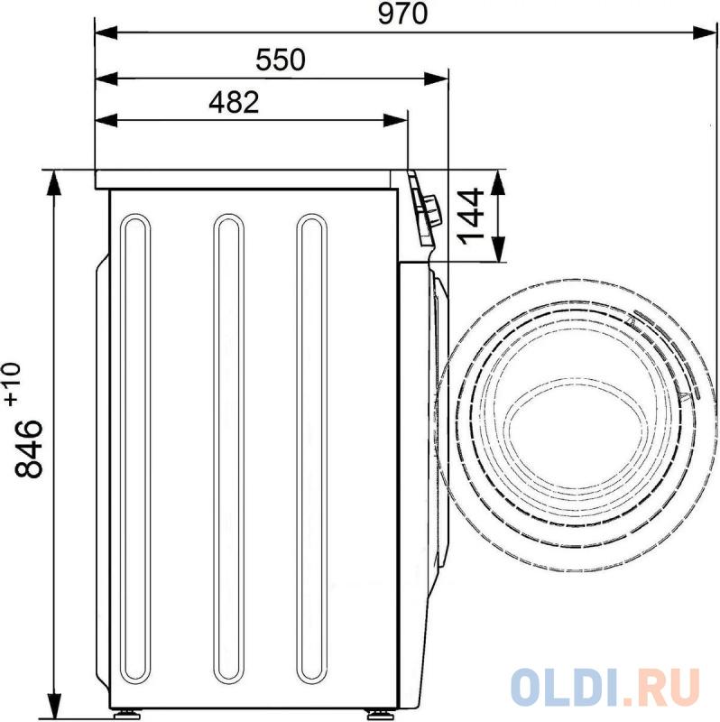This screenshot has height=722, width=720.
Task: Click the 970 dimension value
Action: point(402,14)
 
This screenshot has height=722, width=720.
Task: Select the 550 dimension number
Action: point(281,60)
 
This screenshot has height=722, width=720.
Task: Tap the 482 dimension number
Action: point(234,102)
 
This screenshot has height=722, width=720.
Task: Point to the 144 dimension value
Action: point(471,217)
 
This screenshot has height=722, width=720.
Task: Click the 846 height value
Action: point(29,448)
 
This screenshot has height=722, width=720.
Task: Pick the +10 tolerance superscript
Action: point(13,384)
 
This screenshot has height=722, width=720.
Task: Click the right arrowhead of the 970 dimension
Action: point(705,32)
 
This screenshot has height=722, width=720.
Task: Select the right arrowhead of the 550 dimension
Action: point(436,79)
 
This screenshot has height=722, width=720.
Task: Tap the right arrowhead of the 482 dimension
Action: point(395,121)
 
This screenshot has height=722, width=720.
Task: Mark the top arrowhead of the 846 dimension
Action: point(54,182)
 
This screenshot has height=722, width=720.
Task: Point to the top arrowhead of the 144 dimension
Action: point(498,182)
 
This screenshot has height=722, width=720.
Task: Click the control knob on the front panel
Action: point(433,210)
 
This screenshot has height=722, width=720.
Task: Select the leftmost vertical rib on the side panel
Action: point(134,449)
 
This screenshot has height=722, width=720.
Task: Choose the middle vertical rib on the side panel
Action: point(228,449)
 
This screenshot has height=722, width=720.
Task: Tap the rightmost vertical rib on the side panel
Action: point(312,449)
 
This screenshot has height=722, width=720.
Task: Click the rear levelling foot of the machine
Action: point(126,715)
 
